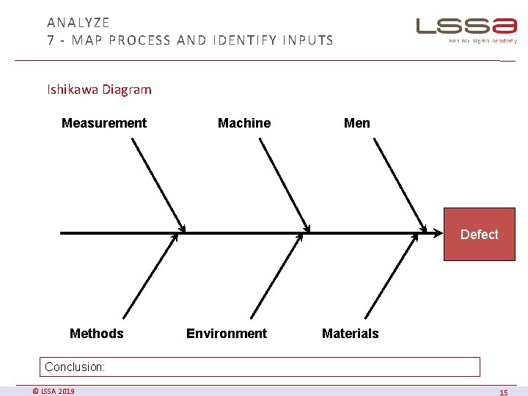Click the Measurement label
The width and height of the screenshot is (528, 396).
(104, 123)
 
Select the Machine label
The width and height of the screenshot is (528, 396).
(244, 123)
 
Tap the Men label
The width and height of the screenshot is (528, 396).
(357, 123)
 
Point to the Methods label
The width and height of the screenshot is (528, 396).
(97, 334)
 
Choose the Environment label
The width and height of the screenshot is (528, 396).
(227, 334)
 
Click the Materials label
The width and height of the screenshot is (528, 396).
(351, 334)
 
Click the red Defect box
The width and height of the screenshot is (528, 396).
(479, 235)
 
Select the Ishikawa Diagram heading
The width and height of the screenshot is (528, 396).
(100, 89)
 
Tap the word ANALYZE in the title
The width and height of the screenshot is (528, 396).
(78, 23)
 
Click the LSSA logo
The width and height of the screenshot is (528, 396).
(466, 27)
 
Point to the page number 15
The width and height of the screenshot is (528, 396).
(503, 392)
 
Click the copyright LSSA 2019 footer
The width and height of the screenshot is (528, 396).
(54, 391)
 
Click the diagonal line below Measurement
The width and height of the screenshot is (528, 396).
(158, 185)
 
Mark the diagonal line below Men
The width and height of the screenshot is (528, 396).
(400, 185)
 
